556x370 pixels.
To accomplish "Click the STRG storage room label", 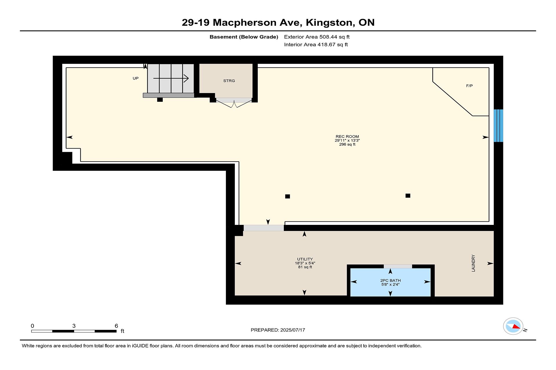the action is (x=229, y=81).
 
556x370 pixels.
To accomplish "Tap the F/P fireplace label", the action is (x=469, y=86).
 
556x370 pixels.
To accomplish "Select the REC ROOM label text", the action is (x=347, y=136).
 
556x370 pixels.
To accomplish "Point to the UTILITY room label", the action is (x=305, y=259).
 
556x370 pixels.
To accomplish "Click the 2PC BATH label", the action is (x=390, y=280).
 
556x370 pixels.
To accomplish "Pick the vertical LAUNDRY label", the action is (x=473, y=263).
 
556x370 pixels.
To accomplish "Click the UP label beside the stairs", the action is (x=136, y=78).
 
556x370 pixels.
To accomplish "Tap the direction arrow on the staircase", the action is (x=171, y=78).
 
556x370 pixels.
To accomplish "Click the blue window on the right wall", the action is (x=498, y=125).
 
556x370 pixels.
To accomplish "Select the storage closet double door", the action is (x=234, y=103).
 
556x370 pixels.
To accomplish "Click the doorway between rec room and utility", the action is (x=264, y=228).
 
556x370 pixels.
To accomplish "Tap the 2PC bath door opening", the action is (x=398, y=266).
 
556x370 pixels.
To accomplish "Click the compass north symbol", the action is (x=513, y=326).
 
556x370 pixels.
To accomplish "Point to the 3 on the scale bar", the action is (x=74, y=326).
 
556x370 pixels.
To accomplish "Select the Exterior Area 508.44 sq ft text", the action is (x=317, y=37).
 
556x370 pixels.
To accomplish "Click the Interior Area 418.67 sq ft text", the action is (x=316, y=45).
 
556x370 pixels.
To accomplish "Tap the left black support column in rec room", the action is (x=288, y=197).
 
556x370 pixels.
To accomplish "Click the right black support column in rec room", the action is (x=408, y=196).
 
